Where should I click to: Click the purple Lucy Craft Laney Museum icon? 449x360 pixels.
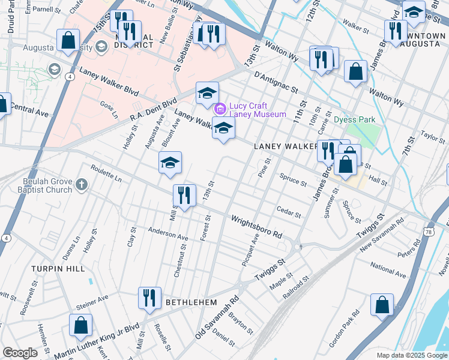coord(220,109)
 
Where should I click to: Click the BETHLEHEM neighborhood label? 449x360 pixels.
coord(191,302)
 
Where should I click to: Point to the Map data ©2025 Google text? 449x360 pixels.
coord(411,355)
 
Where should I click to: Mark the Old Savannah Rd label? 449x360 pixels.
coord(217,316)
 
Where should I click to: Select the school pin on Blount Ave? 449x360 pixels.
coord(170,163)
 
